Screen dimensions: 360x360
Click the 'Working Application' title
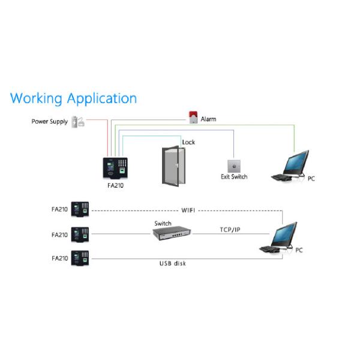click(x=73, y=98)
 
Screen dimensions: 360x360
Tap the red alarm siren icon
click(x=193, y=118)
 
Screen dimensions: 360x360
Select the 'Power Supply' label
click(x=50, y=122)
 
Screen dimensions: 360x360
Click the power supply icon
click(x=78, y=122)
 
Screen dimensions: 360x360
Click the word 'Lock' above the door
click(x=188, y=142)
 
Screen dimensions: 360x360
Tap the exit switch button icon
click(x=233, y=166)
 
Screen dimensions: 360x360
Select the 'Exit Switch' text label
click(x=234, y=177)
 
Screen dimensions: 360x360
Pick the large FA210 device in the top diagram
click(x=115, y=168)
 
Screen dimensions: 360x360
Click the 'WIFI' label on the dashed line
click(x=189, y=211)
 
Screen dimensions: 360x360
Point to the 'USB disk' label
click(x=172, y=263)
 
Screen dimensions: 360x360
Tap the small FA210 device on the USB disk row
click(x=80, y=259)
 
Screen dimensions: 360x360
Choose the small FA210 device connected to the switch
click(x=80, y=235)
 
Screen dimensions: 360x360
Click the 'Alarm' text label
click(x=208, y=119)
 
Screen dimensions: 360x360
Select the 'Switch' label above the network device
click(x=163, y=223)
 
